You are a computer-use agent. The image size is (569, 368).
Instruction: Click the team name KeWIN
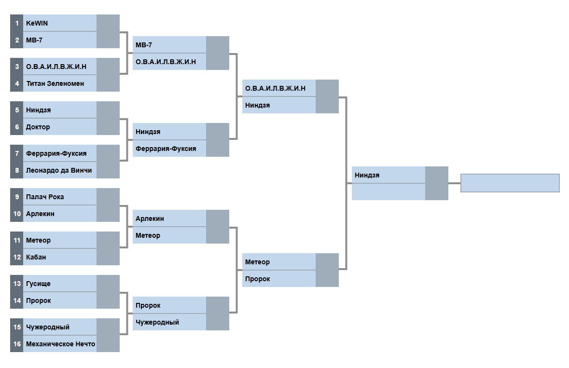(37, 23)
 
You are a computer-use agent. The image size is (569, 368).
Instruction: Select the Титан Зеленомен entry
(55, 83)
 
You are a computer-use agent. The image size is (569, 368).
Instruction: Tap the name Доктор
(38, 127)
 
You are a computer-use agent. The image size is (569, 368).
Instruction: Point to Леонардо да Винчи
(59, 170)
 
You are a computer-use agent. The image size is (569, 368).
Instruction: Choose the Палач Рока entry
(45, 197)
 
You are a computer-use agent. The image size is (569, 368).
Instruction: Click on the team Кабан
(36, 257)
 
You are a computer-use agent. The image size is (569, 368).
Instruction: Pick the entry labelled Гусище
(38, 284)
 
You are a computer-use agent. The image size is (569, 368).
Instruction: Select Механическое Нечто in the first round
(60, 344)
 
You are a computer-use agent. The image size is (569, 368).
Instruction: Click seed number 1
(17, 23)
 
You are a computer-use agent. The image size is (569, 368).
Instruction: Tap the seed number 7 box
(17, 153)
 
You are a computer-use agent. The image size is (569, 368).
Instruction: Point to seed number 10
(17, 214)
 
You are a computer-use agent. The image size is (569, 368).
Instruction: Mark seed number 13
(17, 284)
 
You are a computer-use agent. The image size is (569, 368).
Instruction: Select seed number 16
(17, 344)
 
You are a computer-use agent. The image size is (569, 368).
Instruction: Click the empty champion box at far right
(510, 183)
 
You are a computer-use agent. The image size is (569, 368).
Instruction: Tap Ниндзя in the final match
(367, 175)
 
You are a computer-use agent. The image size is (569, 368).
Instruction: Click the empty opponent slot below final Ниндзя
(389, 192)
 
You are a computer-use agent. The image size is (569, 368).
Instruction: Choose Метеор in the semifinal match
(258, 262)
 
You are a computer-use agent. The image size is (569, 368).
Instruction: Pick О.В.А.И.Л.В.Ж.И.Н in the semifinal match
(276, 88)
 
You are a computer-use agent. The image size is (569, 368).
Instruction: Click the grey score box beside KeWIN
(108, 23)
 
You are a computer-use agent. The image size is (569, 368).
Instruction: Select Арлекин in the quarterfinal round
(150, 218)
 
